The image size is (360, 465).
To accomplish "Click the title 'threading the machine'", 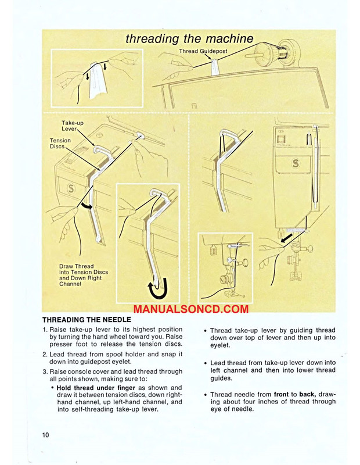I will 189,39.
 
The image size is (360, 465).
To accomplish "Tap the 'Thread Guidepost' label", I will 203,52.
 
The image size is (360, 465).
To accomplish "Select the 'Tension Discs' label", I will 61,144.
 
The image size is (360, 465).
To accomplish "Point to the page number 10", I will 46,435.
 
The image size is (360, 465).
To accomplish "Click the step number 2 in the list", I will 45,354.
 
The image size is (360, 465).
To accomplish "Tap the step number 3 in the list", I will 45,371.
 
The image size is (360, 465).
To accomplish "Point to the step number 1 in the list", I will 45,330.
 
